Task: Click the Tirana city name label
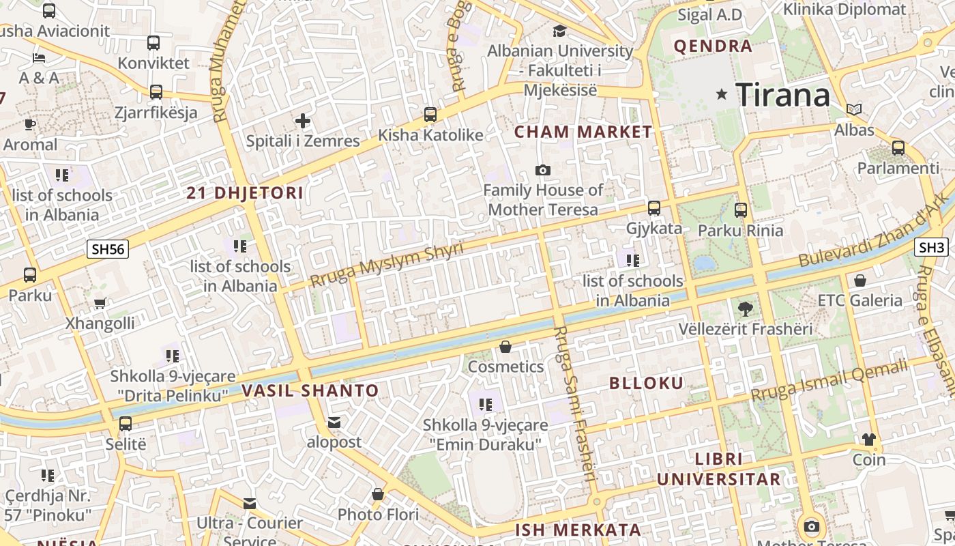click(x=783, y=94)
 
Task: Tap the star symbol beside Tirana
click(x=722, y=94)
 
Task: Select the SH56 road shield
click(x=108, y=249)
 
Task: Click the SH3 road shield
click(x=931, y=247)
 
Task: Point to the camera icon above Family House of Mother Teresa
click(x=543, y=170)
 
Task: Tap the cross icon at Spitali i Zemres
click(x=303, y=121)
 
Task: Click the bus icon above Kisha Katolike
click(x=430, y=114)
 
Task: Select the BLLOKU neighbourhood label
click(x=646, y=383)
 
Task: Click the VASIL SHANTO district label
click(x=310, y=391)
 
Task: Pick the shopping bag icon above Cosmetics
click(x=505, y=347)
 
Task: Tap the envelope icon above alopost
click(x=334, y=422)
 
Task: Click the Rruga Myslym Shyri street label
click(x=386, y=265)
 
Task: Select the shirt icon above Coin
click(x=868, y=439)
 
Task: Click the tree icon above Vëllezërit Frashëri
click(x=746, y=308)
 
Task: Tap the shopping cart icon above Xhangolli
click(x=100, y=303)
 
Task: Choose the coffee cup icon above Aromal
click(x=30, y=124)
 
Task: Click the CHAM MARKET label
click(x=583, y=132)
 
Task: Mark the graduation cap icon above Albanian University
click(x=559, y=31)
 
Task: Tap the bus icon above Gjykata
click(x=654, y=207)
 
